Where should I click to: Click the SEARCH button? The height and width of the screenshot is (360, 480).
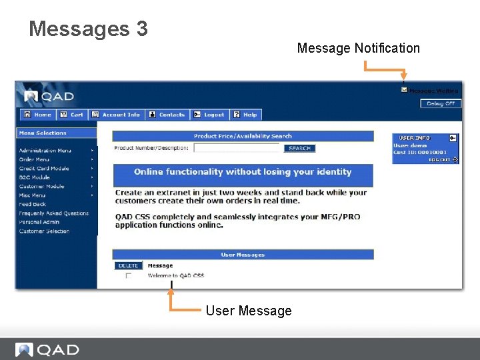pyautogui.click(x=299, y=148)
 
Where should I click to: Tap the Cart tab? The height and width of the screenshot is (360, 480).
pyautogui.click(x=72, y=115)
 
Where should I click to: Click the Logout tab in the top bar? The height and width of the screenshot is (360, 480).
pyautogui.click(x=209, y=115)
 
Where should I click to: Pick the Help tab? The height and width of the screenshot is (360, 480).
pyautogui.click(x=245, y=115)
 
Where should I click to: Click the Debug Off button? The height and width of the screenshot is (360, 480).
pyautogui.click(x=441, y=103)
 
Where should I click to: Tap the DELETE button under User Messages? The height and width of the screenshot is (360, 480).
pyautogui.click(x=128, y=265)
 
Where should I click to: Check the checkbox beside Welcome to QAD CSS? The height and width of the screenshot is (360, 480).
pyautogui.click(x=129, y=275)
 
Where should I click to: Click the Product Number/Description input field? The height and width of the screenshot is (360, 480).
pyautogui.click(x=237, y=148)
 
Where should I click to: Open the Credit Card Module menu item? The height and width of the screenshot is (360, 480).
pyautogui.click(x=44, y=169)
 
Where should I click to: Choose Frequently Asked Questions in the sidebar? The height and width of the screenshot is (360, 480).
pyautogui.click(x=53, y=213)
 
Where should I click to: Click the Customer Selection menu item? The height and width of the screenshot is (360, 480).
pyautogui.click(x=45, y=231)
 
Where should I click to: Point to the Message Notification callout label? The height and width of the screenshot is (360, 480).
pyautogui.click(x=358, y=48)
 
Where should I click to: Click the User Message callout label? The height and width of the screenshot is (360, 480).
pyautogui.click(x=249, y=311)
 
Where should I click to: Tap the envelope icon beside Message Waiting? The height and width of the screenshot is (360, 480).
pyautogui.click(x=403, y=90)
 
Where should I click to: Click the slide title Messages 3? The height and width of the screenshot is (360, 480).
pyautogui.click(x=88, y=29)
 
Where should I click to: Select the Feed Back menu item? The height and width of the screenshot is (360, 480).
pyautogui.click(x=33, y=205)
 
